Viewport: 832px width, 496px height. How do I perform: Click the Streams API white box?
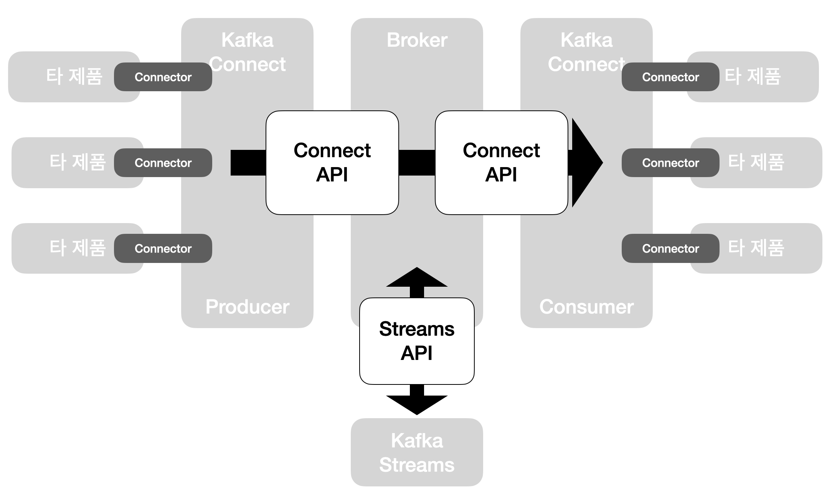click(x=417, y=341)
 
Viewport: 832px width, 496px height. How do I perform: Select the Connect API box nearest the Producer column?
click(x=332, y=163)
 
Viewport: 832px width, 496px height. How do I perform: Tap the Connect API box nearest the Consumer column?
click(x=501, y=163)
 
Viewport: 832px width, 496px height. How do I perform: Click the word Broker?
click(x=417, y=40)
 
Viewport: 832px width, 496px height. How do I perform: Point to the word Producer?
click(x=247, y=307)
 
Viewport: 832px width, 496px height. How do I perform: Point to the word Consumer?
click(x=586, y=307)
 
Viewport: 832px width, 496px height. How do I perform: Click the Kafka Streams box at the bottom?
click(x=417, y=452)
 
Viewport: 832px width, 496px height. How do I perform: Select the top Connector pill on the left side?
click(x=163, y=77)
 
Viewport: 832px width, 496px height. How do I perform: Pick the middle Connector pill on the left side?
click(x=163, y=163)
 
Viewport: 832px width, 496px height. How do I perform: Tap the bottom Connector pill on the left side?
click(x=163, y=248)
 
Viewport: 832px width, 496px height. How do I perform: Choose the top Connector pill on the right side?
click(x=670, y=77)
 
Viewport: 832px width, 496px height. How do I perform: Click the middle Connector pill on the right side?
click(x=670, y=163)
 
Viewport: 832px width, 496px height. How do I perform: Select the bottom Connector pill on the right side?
click(x=670, y=248)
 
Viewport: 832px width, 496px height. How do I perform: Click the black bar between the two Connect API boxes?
click(x=417, y=163)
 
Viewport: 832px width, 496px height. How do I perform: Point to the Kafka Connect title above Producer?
click(x=247, y=52)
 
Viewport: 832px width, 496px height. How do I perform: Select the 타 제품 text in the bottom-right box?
click(x=756, y=248)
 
